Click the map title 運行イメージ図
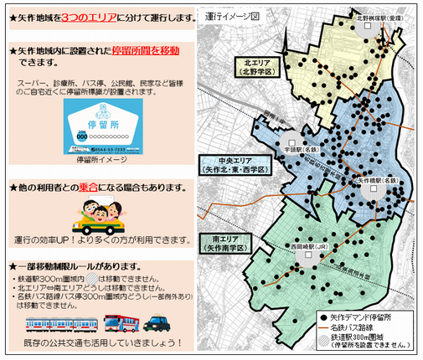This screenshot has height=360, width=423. click(x=231, y=15)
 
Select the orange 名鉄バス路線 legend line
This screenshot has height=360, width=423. click(x=323, y=328)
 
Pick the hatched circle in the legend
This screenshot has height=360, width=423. click(x=323, y=337)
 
